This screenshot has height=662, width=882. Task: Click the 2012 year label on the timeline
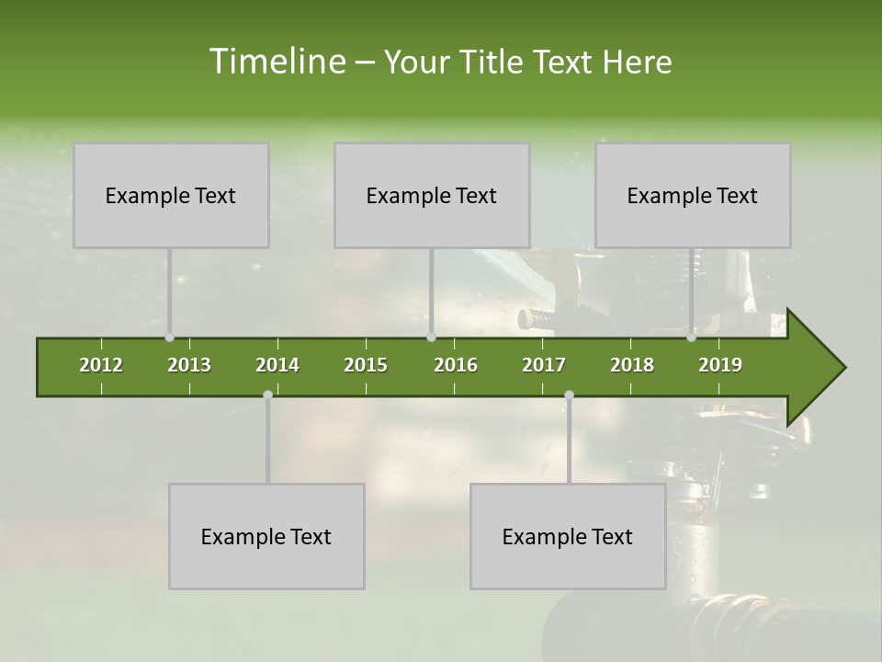click(101, 365)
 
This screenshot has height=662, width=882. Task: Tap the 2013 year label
click(189, 365)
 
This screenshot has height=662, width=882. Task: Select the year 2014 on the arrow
click(277, 365)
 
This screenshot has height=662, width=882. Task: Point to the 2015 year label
click(366, 365)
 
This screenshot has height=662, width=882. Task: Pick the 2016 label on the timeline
click(456, 365)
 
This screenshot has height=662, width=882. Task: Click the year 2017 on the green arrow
click(544, 365)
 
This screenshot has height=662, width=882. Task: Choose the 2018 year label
click(632, 365)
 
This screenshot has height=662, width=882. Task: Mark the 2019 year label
click(720, 365)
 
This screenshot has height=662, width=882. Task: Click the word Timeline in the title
click(277, 62)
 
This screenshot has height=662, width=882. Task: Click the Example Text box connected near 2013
click(171, 195)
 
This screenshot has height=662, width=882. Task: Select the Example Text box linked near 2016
click(432, 195)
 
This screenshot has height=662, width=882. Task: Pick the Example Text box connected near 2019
click(693, 195)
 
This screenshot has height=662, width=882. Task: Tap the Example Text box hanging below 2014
click(266, 536)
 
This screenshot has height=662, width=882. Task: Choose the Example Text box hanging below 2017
click(568, 536)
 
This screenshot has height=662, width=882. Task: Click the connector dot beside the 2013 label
click(169, 337)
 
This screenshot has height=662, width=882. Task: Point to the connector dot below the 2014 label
click(267, 394)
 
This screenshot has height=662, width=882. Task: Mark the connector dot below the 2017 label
click(569, 394)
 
